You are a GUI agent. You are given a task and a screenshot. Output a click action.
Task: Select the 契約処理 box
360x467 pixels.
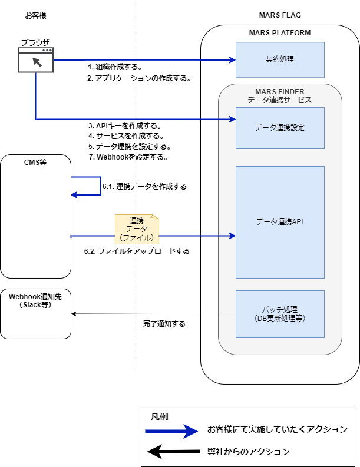tap(280, 60)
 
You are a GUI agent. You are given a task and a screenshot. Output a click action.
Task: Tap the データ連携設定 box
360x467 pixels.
tap(280, 127)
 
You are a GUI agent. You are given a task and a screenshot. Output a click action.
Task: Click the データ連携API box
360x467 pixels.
tap(280, 222)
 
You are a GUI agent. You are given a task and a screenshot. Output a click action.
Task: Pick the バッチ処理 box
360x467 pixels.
tap(280, 313)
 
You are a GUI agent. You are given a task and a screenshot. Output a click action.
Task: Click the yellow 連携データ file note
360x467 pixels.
tap(136, 229)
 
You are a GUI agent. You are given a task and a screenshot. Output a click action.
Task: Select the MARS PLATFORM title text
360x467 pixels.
tap(280, 33)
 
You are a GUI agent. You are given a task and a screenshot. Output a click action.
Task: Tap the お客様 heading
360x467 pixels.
tap(35, 15)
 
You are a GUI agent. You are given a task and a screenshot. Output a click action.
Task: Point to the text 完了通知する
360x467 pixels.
tap(164, 324)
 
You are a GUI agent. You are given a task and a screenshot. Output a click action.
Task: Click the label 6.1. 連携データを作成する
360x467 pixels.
tap(144, 186)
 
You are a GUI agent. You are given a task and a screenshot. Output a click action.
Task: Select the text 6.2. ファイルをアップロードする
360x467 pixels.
tap(137, 251)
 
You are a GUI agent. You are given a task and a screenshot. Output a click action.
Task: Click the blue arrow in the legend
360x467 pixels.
tap(174, 432)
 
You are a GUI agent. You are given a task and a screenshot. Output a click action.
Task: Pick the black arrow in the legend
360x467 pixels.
tap(174, 452)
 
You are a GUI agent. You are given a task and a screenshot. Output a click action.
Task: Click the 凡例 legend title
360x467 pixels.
tap(160, 416)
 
